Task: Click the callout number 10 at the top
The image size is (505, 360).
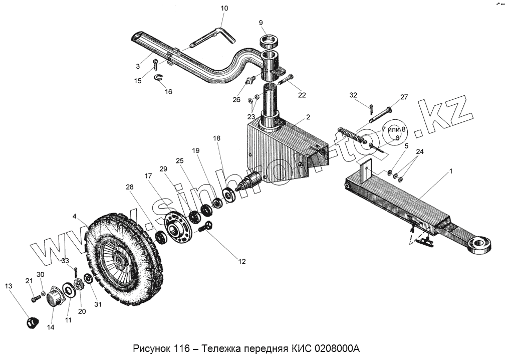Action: coord(224,9)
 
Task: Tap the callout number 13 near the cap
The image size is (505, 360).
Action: coord(9,286)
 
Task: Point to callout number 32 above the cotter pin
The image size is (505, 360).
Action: coord(354,95)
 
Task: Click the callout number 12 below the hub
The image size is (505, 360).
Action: coord(242,261)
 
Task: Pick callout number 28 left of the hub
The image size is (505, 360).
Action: coord(130,187)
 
